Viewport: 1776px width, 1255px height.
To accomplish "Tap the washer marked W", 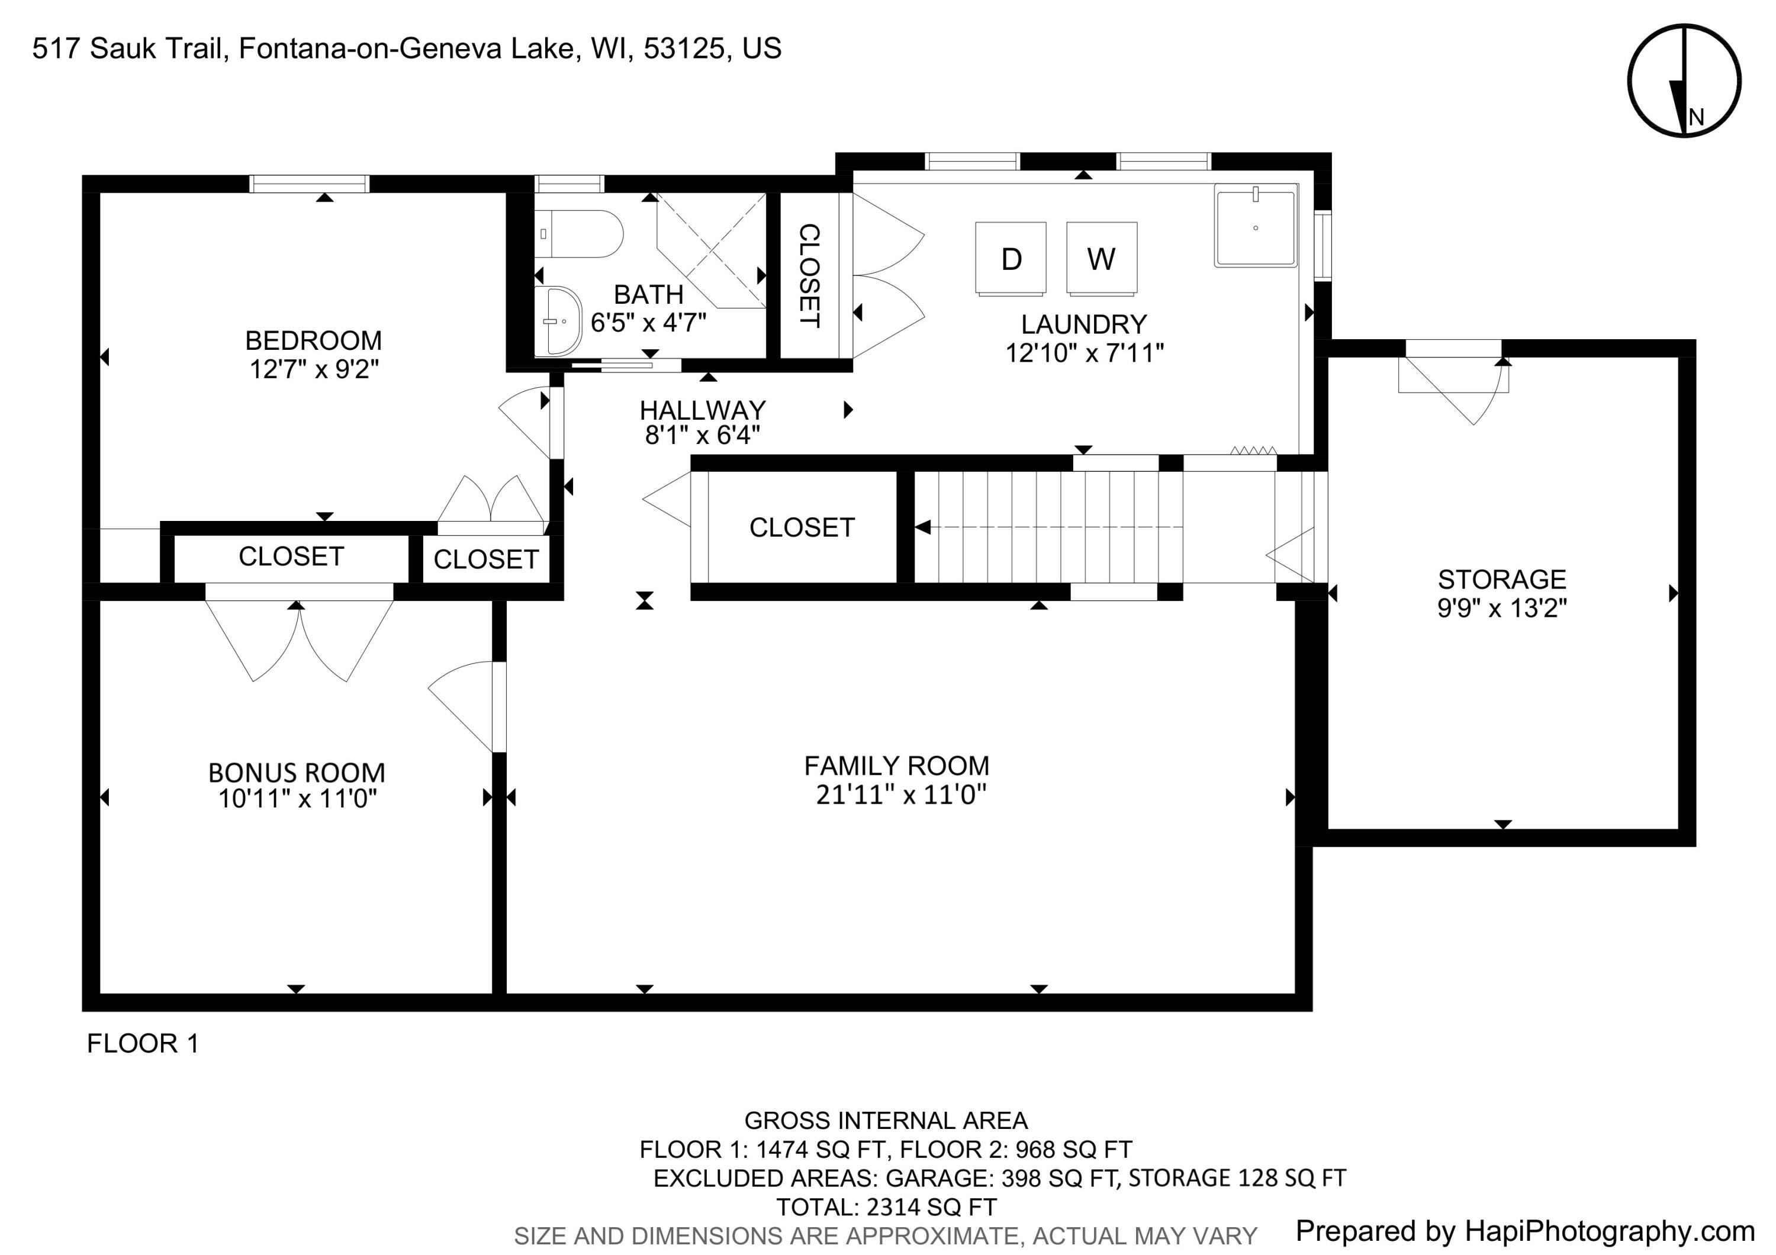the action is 1102,258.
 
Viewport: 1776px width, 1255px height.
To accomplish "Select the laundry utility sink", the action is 1256,225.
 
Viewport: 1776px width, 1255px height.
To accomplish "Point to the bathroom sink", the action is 558,320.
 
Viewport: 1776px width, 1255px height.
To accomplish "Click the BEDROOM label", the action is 313,340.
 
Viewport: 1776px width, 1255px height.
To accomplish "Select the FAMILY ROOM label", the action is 896,765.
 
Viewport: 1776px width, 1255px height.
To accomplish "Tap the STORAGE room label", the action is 1501,579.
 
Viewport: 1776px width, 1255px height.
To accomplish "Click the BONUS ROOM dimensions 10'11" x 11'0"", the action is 297,798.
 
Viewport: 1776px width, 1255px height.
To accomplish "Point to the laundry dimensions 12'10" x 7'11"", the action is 1085,353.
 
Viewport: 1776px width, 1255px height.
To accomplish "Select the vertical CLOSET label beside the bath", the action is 809,276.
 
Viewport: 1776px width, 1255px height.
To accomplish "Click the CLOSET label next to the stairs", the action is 802,527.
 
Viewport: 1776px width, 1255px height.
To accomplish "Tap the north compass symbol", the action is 1684,81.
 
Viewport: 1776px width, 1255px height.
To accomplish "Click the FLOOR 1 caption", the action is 143,1044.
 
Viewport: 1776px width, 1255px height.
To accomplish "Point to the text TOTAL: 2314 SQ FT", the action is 886,1207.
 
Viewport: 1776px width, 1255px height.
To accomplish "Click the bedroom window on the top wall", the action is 310,184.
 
